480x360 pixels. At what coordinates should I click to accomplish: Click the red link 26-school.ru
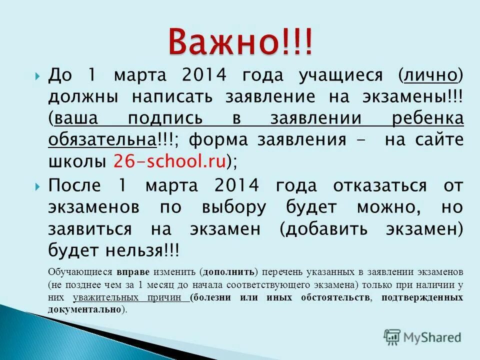[x=170, y=161]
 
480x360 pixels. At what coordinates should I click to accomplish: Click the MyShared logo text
[x=432, y=337]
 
